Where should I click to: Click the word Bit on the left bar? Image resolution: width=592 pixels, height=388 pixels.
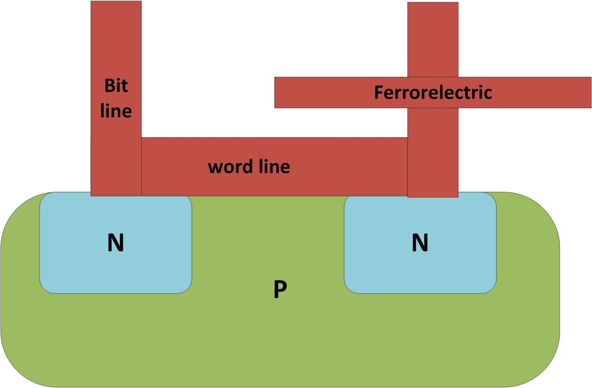tap(116, 86)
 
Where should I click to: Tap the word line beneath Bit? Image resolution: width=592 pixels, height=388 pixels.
tap(116, 111)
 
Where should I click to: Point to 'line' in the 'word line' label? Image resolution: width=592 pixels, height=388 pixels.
tap(274, 166)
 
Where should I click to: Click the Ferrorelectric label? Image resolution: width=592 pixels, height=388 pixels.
tap(433, 92)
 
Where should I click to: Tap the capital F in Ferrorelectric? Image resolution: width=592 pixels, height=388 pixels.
tap(379, 92)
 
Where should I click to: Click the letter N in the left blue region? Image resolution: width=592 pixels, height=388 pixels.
tap(116, 243)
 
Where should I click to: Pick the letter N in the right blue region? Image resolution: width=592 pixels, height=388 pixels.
tap(420, 243)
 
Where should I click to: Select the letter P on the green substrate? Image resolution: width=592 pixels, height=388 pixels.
tap(280, 289)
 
